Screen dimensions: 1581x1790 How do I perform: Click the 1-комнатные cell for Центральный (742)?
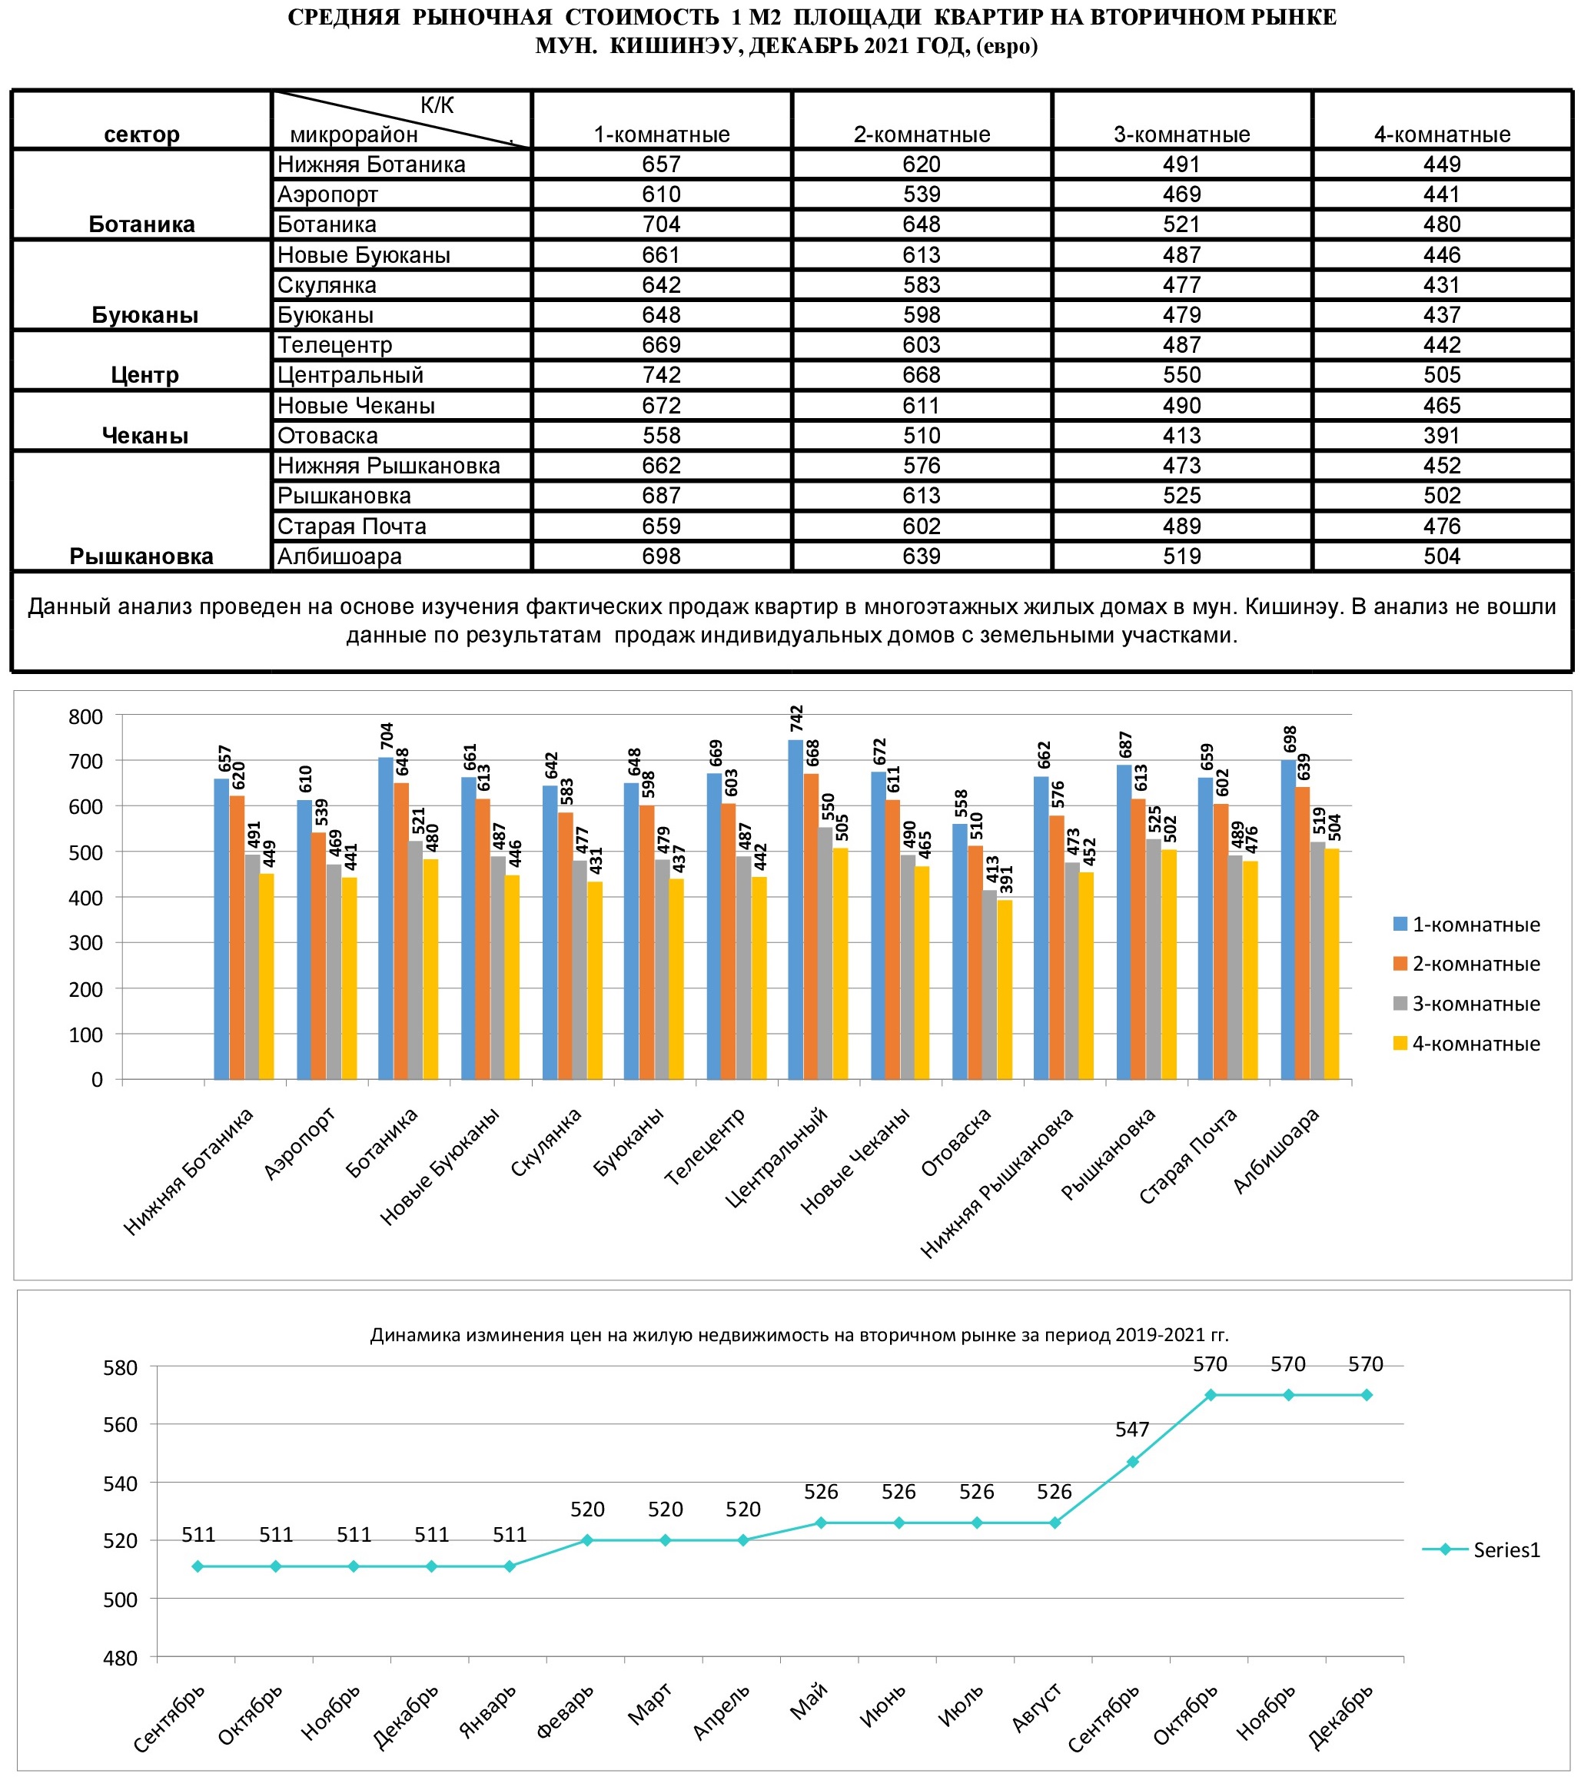click(x=661, y=375)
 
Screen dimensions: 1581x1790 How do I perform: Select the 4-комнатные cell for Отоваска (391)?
click(x=1442, y=435)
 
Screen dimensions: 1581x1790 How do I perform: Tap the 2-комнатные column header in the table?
click(x=922, y=134)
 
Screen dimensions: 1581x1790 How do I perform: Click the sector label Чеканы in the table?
click(x=144, y=435)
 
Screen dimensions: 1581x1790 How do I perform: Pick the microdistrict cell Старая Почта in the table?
click(x=351, y=526)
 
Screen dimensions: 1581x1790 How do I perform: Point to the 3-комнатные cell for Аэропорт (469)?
click(x=1181, y=194)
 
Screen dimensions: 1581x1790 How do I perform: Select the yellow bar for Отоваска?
click(x=1005, y=990)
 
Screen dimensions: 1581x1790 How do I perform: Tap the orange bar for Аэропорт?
click(x=319, y=955)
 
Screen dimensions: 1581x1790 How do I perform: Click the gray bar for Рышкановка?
click(x=1154, y=959)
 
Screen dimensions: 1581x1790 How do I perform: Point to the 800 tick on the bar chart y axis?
click(x=86, y=716)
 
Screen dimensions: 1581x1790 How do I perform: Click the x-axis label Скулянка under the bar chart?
click(x=546, y=1143)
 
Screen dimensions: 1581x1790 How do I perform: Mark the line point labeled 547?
click(x=1133, y=1462)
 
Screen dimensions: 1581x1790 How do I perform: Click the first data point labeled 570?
click(x=1211, y=1395)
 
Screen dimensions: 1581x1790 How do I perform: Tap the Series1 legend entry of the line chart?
click(x=1481, y=1550)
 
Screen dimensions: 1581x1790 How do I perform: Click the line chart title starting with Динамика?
click(x=799, y=1334)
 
